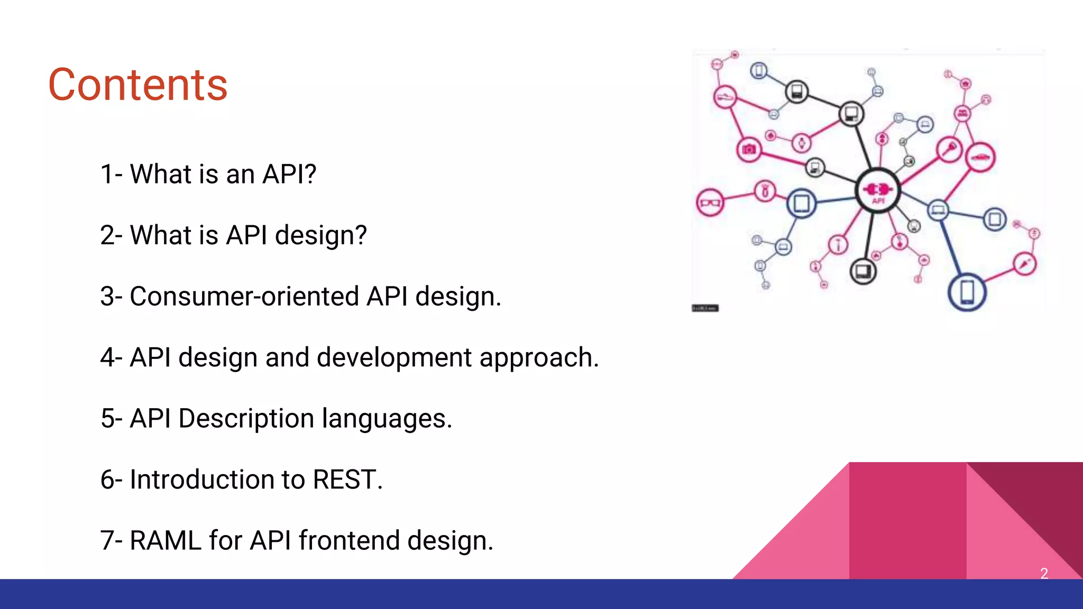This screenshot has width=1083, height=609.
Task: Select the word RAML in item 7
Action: pyautogui.click(x=166, y=540)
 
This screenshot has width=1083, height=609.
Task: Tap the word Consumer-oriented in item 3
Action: pyautogui.click(x=244, y=296)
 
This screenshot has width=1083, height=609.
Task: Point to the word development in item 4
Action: pyautogui.click(x=394, y=357)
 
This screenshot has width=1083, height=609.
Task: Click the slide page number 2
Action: pyautogui.click(x=1044, y=573)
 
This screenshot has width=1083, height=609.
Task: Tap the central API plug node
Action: pyautogui.click(x=878, y=190)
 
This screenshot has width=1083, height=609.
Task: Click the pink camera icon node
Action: pyautogui.click(x=749, y=150)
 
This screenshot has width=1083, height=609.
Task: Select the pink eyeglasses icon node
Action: pyautogui.click(x=710, y=202)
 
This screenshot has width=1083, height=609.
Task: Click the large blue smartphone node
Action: pyautogui.click(x=967, y=292)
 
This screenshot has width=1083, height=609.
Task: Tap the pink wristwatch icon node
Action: pyautogui.click(x=802, y=142)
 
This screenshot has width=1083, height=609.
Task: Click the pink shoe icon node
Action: pyautogui.click(x=724, y=97)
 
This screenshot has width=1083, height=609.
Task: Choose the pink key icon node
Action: pyautogui.click(x=950, y=149)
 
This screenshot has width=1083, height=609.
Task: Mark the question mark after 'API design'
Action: pyautogui.click(x=361, y=235)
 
